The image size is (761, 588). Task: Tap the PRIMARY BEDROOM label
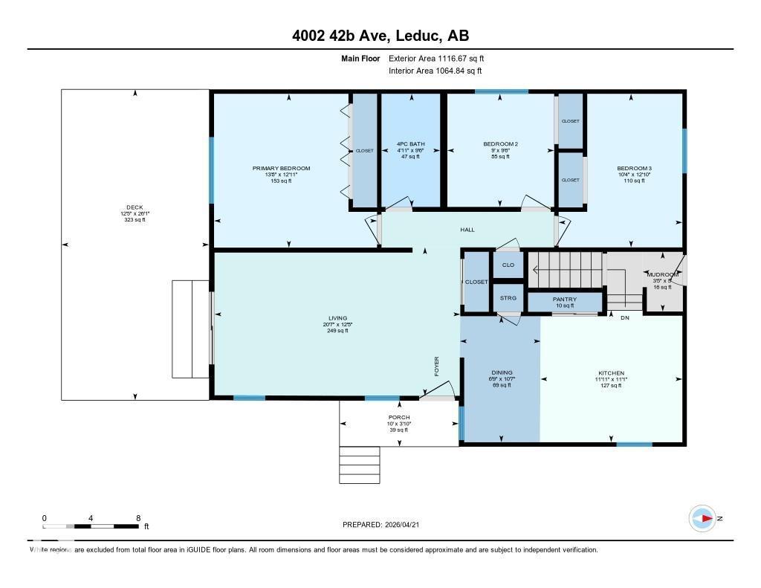[281, 169]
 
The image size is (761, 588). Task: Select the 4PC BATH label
[410, 144]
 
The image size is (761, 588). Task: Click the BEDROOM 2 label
[500, 144]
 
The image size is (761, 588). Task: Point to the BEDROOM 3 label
[634, 169]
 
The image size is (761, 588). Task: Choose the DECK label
[135, 207]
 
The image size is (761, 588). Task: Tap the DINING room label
[502, 373]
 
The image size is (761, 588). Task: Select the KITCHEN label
[611, 373]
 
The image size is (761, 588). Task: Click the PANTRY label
[564, 300]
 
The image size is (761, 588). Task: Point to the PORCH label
[399, 418]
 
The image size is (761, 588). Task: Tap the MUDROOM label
[661, 275]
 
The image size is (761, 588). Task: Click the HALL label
[467, 230]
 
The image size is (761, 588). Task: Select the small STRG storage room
[508, 299]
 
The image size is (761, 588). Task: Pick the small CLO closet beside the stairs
[508, 265]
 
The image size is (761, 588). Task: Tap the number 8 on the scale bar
[138, 517]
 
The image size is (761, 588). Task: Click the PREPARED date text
[385, 525]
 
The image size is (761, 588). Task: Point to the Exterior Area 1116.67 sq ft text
[436, 58]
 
